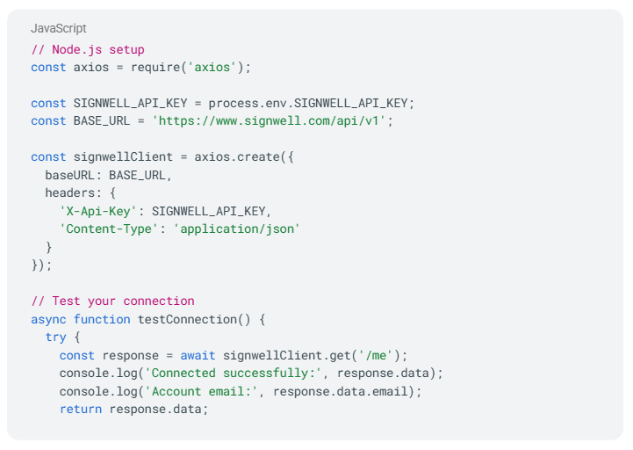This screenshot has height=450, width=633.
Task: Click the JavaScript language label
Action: (x=59, y=29)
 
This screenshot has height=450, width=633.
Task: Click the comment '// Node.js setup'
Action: (x=88, y=49)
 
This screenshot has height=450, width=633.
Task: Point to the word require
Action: (x=159, y=67)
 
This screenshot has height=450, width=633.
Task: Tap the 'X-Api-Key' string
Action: (x=102, y=211)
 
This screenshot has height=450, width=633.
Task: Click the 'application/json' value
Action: (x=237, y=229)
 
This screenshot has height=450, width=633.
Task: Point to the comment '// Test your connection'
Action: (x=112, y=301)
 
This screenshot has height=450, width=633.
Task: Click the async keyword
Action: (x=48, y=319)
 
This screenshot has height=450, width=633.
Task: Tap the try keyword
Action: (x=55, y=337)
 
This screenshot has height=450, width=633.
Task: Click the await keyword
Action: (x=198, y=355)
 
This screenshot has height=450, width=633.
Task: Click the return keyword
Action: (x=81, y=409)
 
